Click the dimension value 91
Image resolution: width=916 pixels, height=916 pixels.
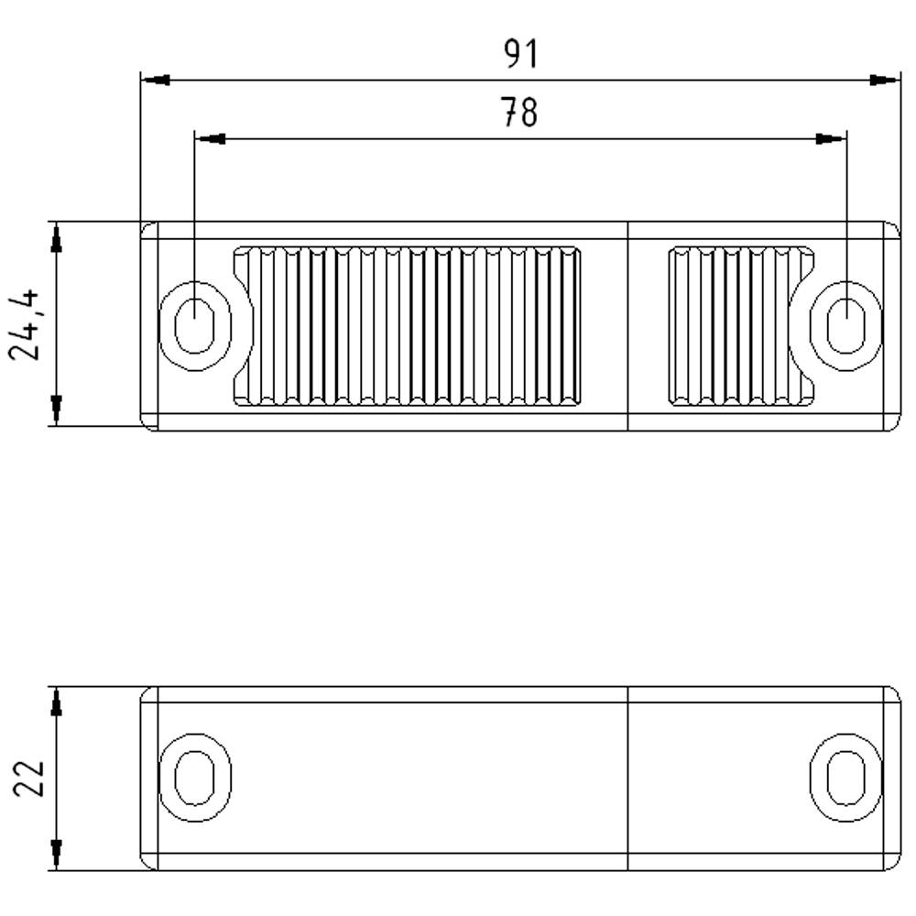click(x=521, y=54)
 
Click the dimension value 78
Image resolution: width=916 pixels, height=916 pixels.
click(x=519, y=113)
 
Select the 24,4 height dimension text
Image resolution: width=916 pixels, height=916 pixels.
click(x=27, y=324)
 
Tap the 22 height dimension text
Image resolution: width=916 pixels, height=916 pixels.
click(x=28, y=779)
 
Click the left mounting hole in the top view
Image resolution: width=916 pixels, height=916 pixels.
click(x=194, y=325)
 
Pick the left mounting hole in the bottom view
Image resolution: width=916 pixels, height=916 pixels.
click(x=194, y=777)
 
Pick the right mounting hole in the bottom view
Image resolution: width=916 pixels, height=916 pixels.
click(x=845, y=777)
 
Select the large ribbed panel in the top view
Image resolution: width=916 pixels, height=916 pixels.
click(x=409, y=325)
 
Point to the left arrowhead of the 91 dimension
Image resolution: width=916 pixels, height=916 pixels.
click(x=156, y=81)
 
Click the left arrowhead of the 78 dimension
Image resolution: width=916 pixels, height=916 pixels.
click(x=211, y=139)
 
